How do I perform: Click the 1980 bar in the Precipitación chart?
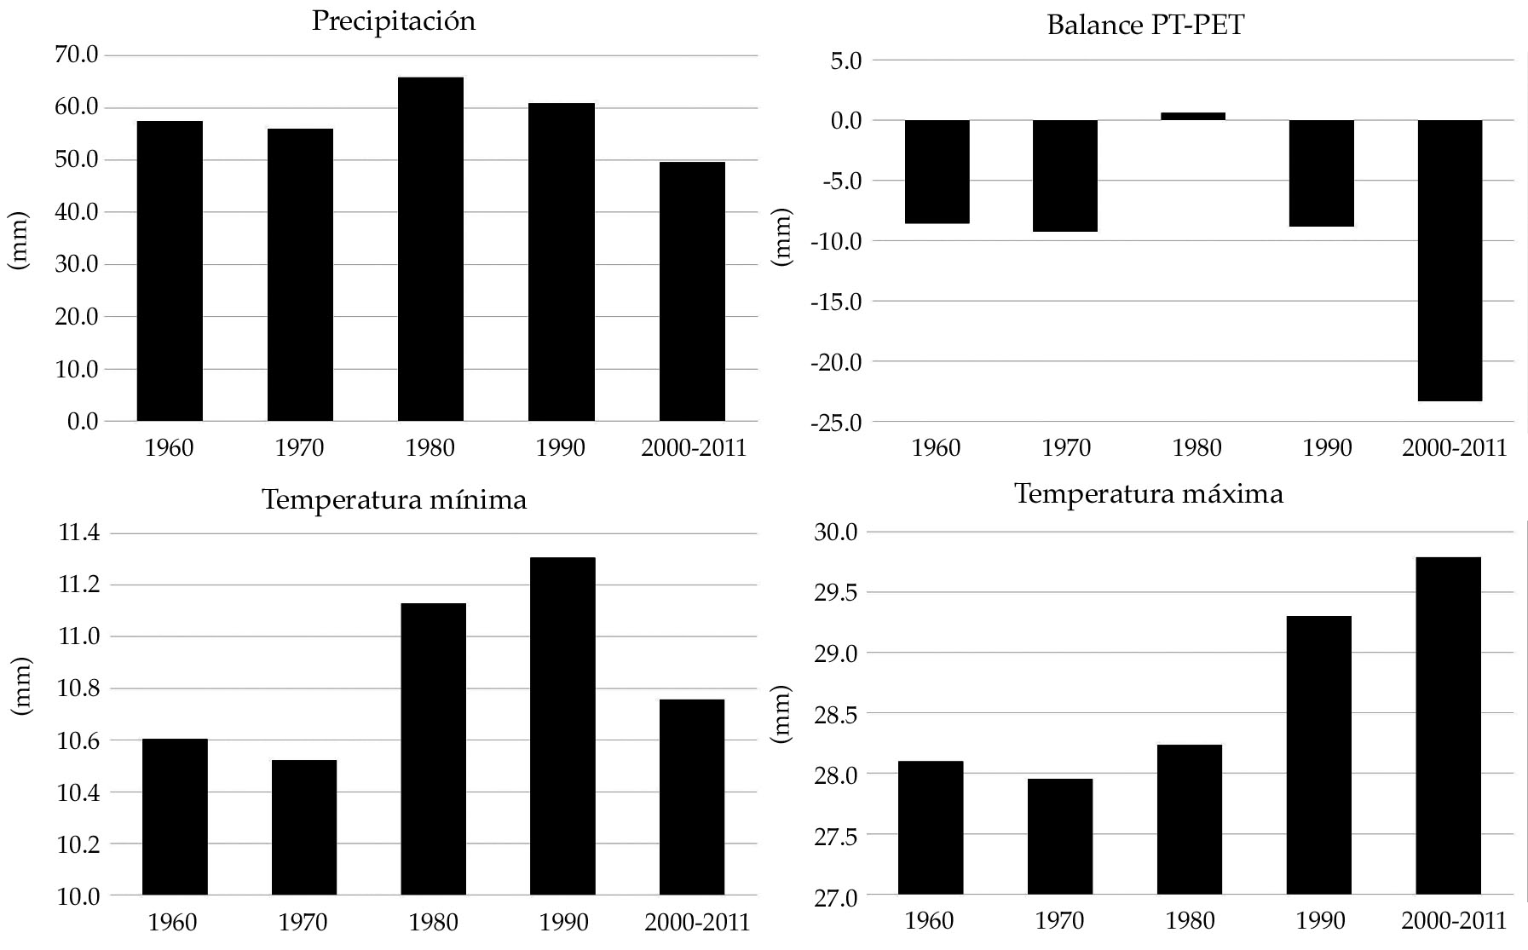coord(430,249)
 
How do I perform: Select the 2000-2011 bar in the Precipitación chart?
coord(692,291)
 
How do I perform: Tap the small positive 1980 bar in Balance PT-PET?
coord(1193,117)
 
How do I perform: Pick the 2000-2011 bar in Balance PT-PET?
coord(1450,260)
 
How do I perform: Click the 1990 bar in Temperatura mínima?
coord(562,726)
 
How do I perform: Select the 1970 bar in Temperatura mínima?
coord(304,827)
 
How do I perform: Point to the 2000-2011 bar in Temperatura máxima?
coord(1449,726)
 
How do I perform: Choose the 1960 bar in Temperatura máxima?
coord(931,827)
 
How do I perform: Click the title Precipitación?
coord(393,21)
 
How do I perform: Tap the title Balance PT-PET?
coord(1145,25)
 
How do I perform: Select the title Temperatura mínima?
coord(394,499)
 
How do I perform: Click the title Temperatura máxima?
coord(1149,494)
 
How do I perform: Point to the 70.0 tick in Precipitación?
coord(78,55)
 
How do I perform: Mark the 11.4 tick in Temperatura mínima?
coord(78,534)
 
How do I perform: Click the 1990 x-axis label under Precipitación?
coord(561,448)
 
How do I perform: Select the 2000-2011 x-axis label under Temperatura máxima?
coord(1454,921)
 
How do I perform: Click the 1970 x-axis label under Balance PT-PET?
coord(1066,448)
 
